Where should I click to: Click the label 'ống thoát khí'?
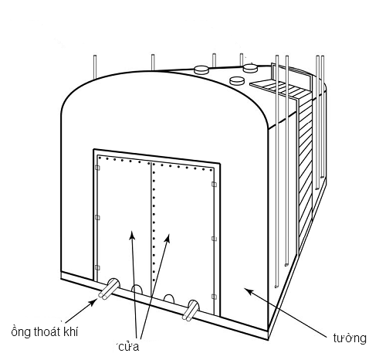coord(45,331)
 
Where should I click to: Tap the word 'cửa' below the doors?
coord(129,347)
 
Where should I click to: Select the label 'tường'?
coord(350,338)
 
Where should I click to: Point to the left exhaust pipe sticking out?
coord(109,289)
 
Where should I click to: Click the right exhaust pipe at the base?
coord(191,311)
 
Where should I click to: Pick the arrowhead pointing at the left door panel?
coord(132,235)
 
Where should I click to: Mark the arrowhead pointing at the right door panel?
coord(168,238)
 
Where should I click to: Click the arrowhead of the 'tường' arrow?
coord(249,291)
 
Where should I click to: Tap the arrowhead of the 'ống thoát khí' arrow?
coord(92,303)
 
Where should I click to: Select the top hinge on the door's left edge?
coord(97,168)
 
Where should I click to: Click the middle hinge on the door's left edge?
coord(97,218)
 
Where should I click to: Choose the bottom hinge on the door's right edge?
coord(214,297)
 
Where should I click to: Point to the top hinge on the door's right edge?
coord(214,184)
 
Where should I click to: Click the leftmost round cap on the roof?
coord(201,70)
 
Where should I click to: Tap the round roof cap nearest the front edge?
coord(237,80)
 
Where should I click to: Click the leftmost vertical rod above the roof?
coord(95,66)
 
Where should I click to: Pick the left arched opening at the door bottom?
coord(137,290)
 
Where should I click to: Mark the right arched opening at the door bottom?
coord(169,299)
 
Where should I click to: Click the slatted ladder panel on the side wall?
coord(305,170)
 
